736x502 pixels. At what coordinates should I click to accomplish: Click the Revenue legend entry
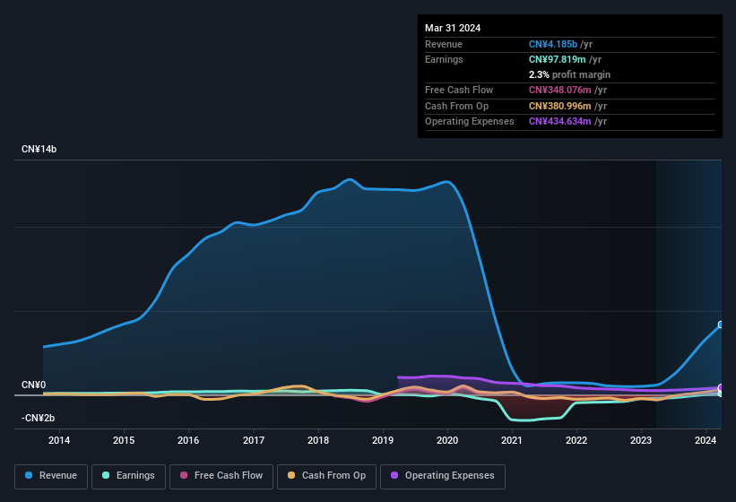[52, 475]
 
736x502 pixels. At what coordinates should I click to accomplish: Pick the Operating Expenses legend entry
[443, 475]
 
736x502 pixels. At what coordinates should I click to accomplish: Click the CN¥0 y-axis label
[33, 385]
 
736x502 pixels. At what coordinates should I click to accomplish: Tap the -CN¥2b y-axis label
[39, 418]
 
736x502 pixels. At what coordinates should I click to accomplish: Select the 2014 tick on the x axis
[59, 440]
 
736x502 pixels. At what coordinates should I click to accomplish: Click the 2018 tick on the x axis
[317, 440]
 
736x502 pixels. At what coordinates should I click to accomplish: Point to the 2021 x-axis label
[512, 440]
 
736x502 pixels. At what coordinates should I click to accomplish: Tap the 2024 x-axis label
[706, 440]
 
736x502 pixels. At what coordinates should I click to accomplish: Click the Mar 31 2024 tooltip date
[453, 28]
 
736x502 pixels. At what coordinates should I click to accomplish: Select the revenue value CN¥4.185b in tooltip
[554, 44]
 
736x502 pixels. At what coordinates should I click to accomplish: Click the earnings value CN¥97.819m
[557, 59]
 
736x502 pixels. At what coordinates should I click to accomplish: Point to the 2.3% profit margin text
[569, 74]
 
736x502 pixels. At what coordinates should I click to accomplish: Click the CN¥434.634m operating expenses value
[560, 121]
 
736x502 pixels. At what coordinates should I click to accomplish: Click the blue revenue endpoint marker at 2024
[721, 325]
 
